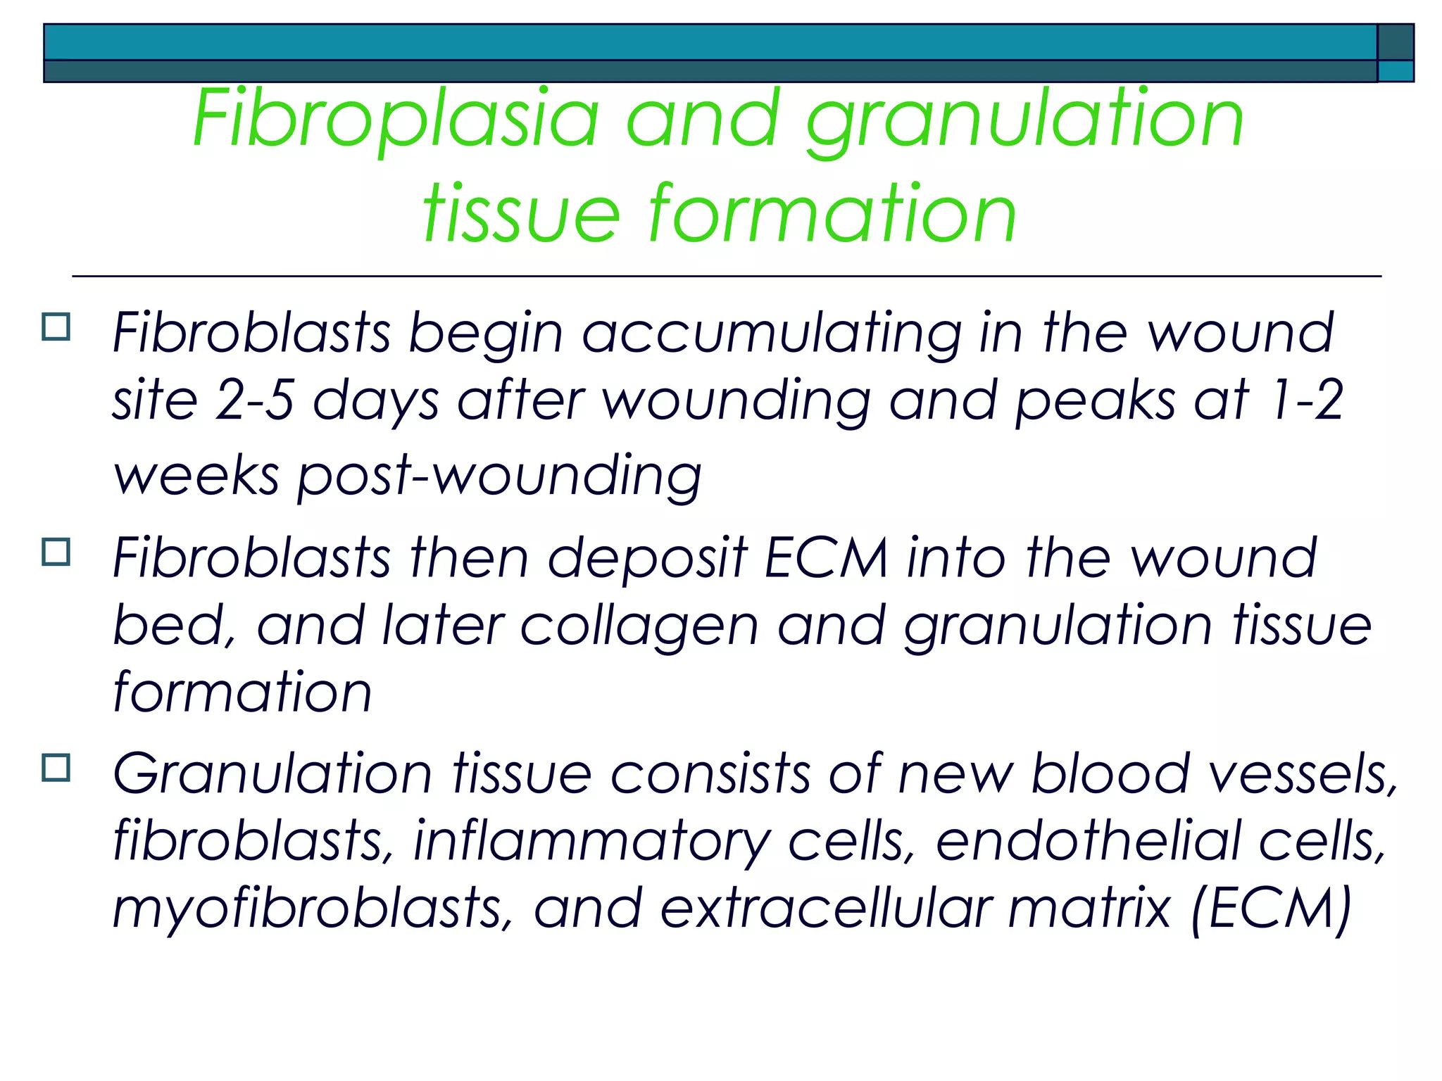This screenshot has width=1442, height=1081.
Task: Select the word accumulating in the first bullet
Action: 772,332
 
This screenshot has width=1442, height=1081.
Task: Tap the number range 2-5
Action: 254,400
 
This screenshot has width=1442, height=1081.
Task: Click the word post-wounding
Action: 499,476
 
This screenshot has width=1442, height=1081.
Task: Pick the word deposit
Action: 647,557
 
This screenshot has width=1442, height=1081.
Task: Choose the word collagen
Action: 639,625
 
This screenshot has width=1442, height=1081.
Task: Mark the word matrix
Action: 1089,908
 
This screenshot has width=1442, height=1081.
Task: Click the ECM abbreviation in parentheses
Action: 1271,908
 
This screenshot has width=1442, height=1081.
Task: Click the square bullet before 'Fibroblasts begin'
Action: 56,327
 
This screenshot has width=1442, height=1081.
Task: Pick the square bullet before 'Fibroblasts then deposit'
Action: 56,552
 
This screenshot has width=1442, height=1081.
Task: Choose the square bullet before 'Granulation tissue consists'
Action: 56,768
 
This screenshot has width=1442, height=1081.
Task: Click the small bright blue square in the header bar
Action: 1395,71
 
